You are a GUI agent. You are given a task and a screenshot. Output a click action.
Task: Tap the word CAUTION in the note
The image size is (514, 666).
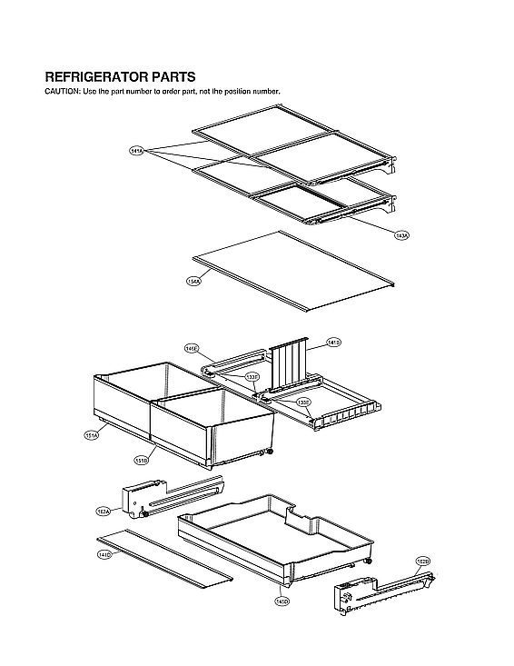click(x=61, y=92)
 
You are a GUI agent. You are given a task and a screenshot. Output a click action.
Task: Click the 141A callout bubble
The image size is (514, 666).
click(x=137, y=151)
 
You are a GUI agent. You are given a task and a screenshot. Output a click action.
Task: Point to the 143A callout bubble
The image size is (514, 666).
click(x=401, y=234)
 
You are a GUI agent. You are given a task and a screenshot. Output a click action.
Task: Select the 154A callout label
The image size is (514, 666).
click(x=193, y=282)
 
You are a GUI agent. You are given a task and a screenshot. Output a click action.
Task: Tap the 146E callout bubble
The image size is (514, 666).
click(x=191, y=348)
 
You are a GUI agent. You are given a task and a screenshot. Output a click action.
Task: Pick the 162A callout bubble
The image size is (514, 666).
click(x=104, y=512)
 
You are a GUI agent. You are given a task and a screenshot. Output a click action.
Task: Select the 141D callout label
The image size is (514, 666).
click(x=104, y=553)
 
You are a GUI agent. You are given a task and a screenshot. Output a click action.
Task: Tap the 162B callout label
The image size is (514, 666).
click(x=423, y=561)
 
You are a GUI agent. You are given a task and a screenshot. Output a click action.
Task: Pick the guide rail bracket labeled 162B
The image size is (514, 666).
click(x=381, y=591)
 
